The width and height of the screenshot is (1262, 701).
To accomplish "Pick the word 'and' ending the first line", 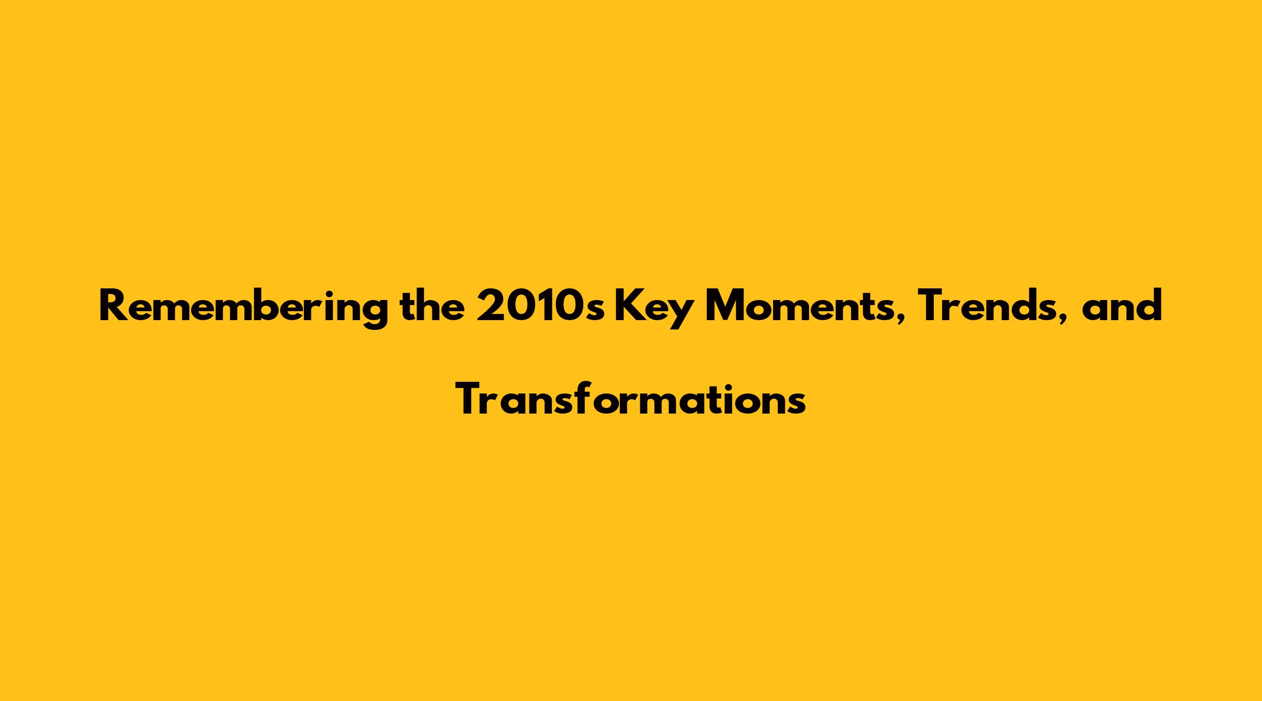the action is pyautogui.click(x=1122, y=306).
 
